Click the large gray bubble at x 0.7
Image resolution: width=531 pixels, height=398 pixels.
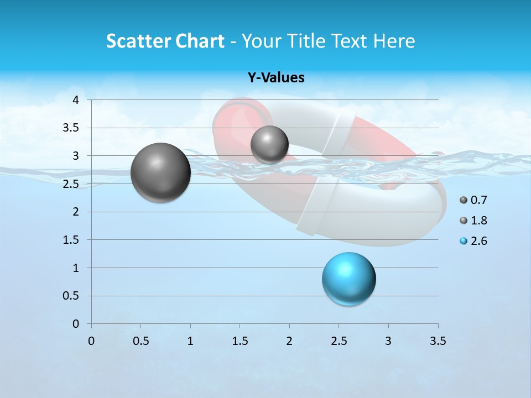pyautogui.click(x=160, y=172)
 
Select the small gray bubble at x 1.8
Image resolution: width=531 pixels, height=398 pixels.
pyautogui.click(x=269, y=144)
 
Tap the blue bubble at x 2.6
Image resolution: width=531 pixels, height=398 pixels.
pyautogui.click(x=349, y=279)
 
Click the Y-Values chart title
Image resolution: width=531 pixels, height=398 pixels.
pyautogui.click(x=276, y=78)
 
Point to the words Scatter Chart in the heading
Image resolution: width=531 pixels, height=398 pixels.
pyautogui.click(x=165, y=41)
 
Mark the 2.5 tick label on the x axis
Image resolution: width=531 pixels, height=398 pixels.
pyautogui.click(x=339, y=341)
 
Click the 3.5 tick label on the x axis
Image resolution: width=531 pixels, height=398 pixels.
pyautogui.click(x=438, y=341)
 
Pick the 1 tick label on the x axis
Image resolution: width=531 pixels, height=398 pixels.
pyautogui.click(x=190, y=341)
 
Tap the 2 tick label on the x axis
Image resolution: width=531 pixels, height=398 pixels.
pyautogui.click(x=289, y=341)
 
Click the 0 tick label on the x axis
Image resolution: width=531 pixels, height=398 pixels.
pyautogui.click(x=91, y=341)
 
